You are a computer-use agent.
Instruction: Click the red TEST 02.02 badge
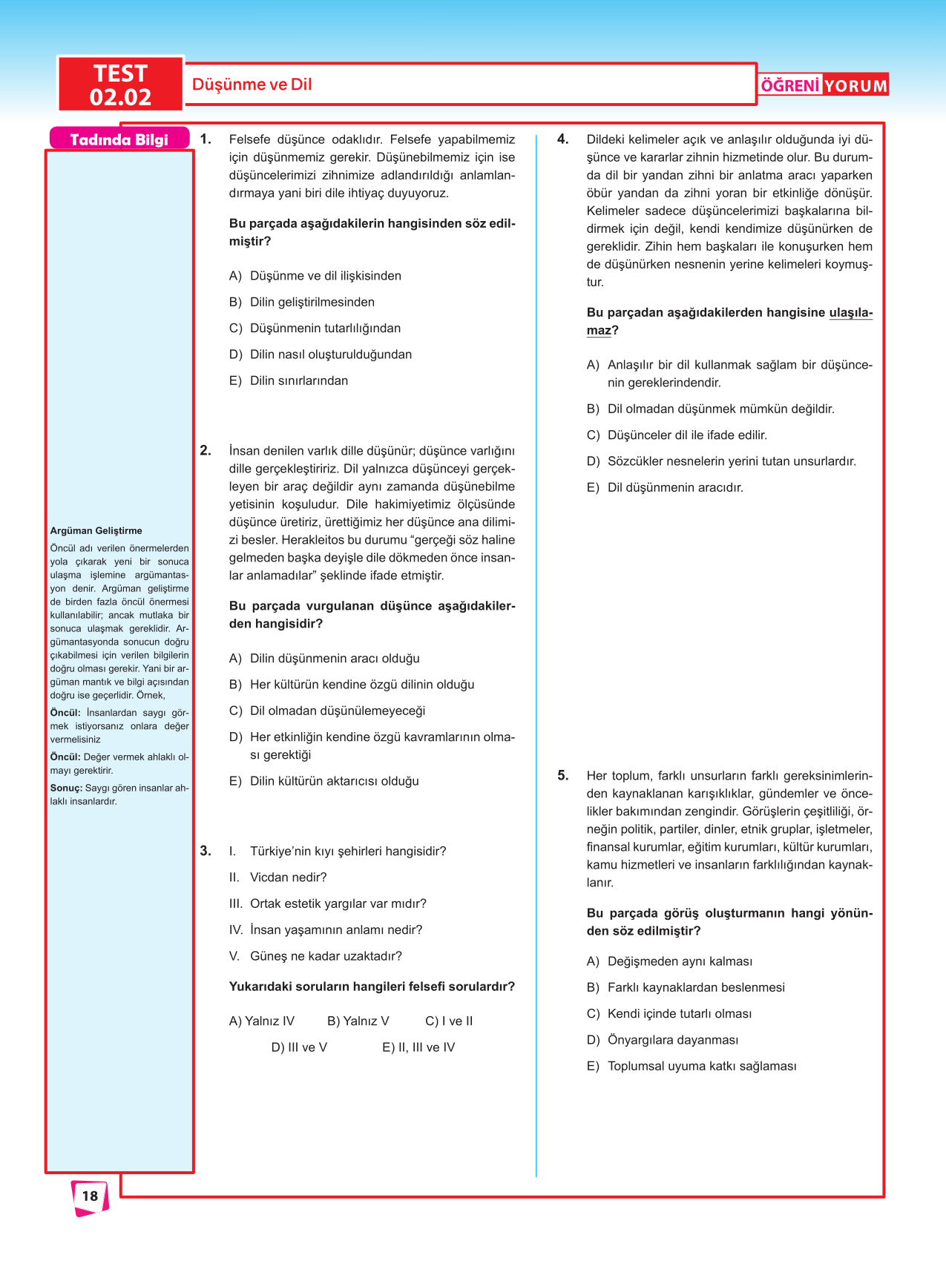[x=120, y=85]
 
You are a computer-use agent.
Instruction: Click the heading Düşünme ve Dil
[x=252, y=85]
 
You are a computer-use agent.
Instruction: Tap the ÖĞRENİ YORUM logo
[x=824, y=85]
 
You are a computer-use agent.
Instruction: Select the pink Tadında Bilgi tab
[x=119, y=139]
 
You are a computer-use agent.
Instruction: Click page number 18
[x=90, y=1196]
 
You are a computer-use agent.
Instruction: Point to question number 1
[x=206, y=139]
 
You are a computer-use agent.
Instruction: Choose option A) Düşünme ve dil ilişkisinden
[x=315, y=276]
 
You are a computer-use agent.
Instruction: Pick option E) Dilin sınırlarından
[x=289, y=381]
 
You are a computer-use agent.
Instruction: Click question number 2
[x=206, y=450]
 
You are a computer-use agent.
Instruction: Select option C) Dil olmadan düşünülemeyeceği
[x=327, y=711]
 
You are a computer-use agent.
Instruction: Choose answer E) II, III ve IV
[x=418, y=1047]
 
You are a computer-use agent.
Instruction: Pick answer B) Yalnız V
[x=358, y=1021]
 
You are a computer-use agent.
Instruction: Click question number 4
[x=563, y=139]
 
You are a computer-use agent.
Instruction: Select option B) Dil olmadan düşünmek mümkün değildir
[x=710, y=409]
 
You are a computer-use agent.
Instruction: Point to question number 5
[x=563, y=775]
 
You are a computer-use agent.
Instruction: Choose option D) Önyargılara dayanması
[x=663, y=1040]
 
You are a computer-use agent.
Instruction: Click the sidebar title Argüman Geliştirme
[x=96, y=530]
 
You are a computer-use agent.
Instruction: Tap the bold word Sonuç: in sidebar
[x=66, y=788]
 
